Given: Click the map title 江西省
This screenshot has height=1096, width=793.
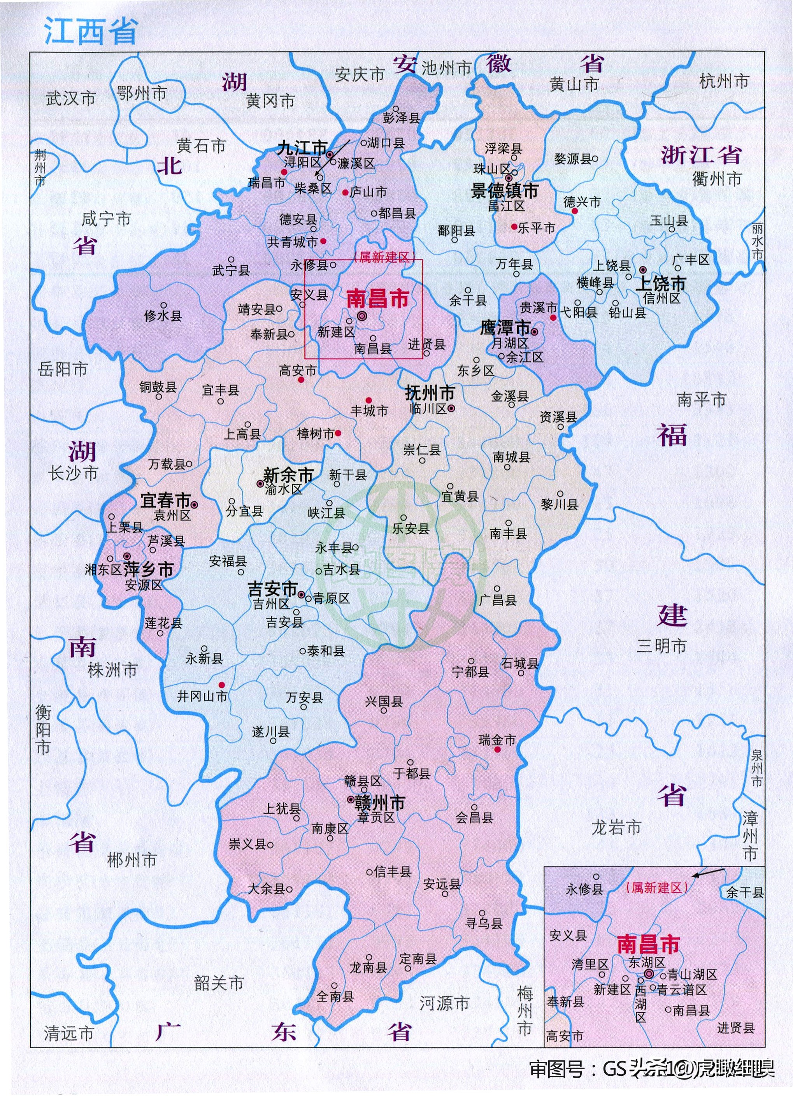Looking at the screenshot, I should point(91,32).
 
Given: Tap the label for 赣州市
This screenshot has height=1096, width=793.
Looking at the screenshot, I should point(380,803).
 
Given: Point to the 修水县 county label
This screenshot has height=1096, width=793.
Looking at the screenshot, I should point(163,316).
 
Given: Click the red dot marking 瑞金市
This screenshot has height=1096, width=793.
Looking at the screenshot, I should point(497,750).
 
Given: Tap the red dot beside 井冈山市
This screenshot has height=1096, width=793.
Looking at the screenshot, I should point(222,684).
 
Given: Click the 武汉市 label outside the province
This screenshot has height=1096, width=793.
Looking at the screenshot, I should point(70,98).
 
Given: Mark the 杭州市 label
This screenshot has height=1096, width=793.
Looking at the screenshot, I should point(724,81).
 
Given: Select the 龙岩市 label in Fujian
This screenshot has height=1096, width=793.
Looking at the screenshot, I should point(616,827).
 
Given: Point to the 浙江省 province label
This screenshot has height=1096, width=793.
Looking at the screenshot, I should point(701,155).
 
